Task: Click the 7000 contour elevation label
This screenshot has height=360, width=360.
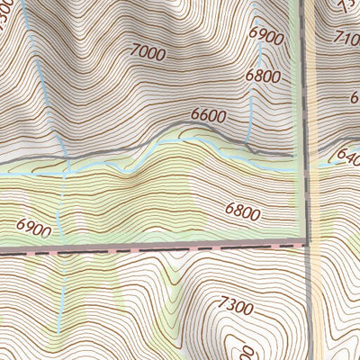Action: click(148, 54)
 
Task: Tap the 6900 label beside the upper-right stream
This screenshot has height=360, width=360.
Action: click(267, 36)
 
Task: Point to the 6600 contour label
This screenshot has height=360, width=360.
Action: click(208, 116)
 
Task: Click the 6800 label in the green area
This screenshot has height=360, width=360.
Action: click(243, 212)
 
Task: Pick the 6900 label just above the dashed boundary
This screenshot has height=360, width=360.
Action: click(33, 229)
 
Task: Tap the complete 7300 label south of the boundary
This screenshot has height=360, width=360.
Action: click(235, 307)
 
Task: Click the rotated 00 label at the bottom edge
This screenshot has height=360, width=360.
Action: click(240, 348)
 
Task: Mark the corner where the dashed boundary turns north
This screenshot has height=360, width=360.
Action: click(304, 242)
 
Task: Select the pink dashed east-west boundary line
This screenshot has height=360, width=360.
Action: click(162, 246)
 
